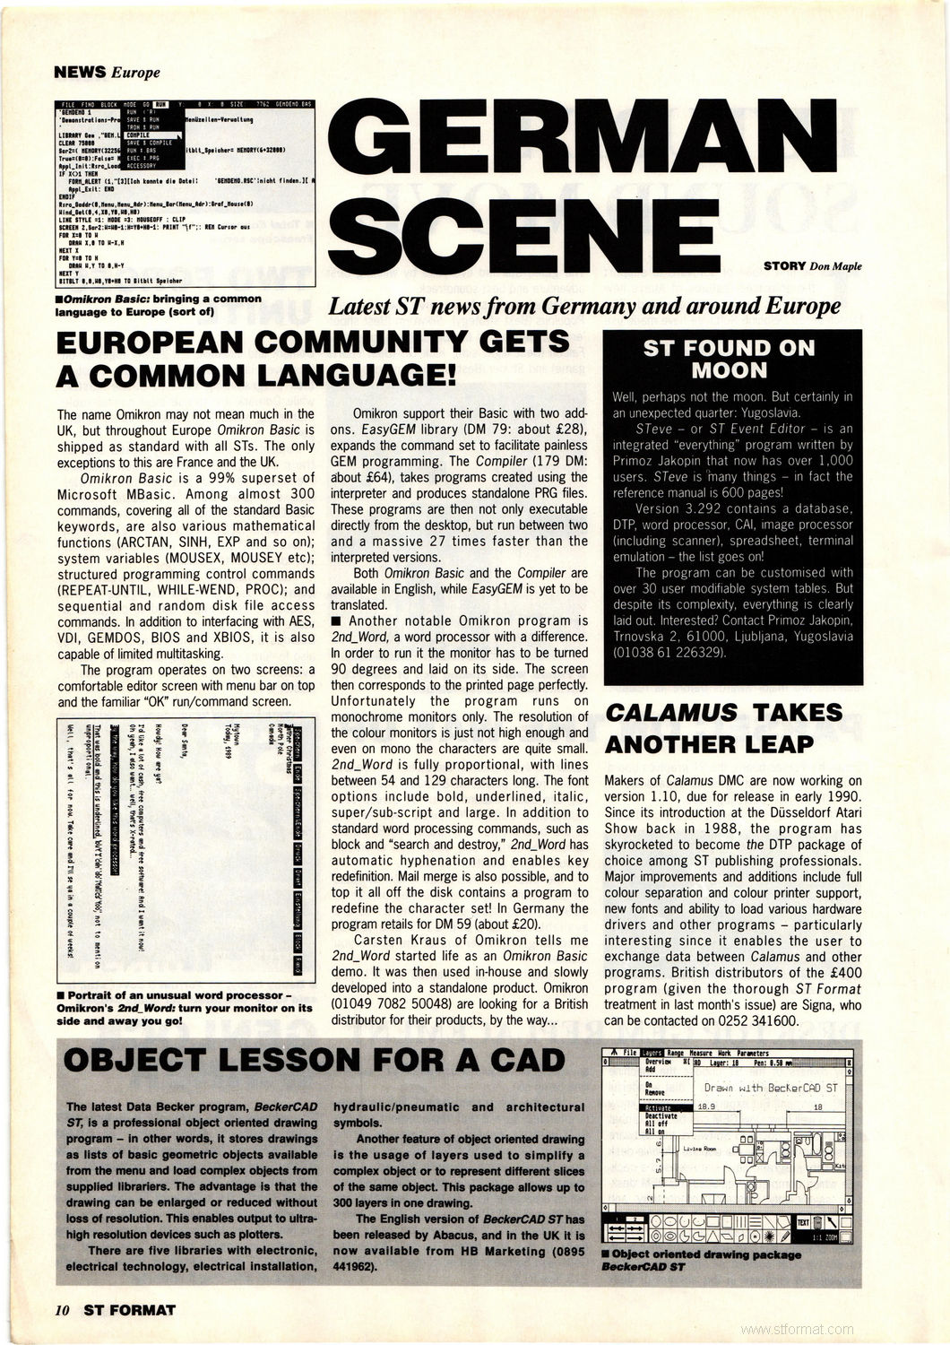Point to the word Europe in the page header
coord(135,73)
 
